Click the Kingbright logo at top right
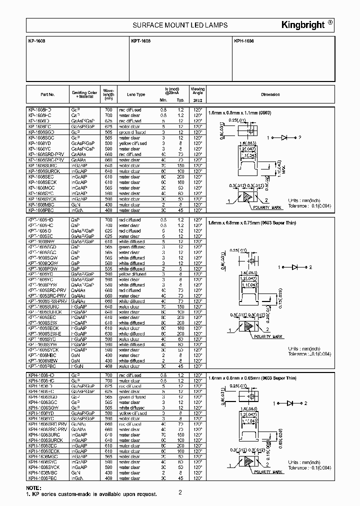pyautogui.click(x=304, y=25)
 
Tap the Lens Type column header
pyautogui.click(x=136, y=94)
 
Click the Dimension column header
pyautogui.click(x=270, y=94)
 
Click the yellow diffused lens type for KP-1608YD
pyautogui.click(x=132, y=143)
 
